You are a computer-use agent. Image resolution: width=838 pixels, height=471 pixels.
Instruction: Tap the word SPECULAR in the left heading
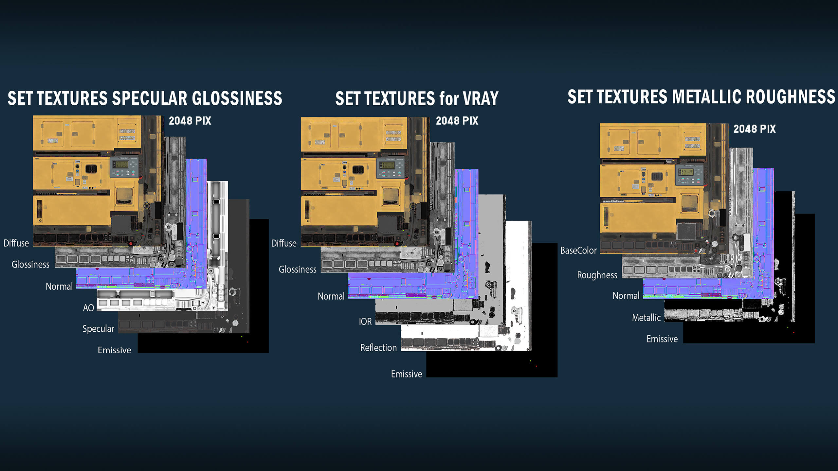click(x=150, y=98)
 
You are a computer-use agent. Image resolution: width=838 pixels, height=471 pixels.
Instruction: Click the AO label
click(x=88, y=308)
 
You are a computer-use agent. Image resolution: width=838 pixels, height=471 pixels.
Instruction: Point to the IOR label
click(x=365, y=322)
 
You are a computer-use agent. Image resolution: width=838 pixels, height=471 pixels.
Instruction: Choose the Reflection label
click(x=378, y=347)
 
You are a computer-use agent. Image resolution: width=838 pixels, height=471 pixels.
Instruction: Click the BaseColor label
click(x=578, y=250)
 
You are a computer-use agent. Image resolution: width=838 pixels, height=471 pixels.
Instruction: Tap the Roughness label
click(x=597, y=275)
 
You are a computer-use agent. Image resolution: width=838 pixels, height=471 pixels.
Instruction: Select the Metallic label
click(x=646, y=318)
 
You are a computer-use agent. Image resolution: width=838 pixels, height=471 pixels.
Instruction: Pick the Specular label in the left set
click(x=98, y=329)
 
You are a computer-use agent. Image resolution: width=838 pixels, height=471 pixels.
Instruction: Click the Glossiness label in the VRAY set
click(x=298, y=269)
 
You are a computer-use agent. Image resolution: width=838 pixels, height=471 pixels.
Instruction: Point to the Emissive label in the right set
click(x=662, y=339)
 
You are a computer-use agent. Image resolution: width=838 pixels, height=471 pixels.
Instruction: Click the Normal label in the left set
click(x=59, y=287)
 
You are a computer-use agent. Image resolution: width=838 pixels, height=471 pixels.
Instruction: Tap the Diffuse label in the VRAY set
click(x=284, y=243)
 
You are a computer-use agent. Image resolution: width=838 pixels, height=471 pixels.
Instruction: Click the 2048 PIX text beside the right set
click(x=755, y=129)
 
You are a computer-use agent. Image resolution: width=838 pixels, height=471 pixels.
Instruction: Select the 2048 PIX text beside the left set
click(x=190, y=121)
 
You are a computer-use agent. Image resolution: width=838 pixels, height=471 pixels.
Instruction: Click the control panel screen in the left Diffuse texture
click(x=122, y=164)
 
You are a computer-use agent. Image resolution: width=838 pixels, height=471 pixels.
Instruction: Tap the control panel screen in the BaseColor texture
click(x=687, y=172)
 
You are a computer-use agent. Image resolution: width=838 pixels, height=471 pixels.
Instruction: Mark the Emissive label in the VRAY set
click(x=407, y=374)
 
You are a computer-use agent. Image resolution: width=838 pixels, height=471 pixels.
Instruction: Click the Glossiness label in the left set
click(x=30, y=264)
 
